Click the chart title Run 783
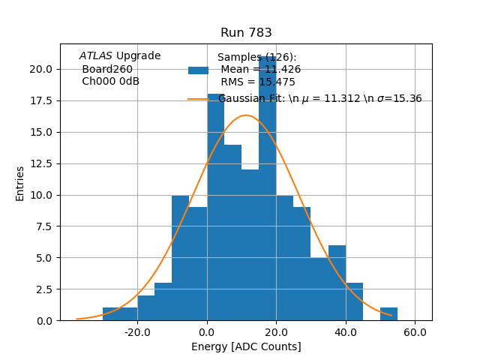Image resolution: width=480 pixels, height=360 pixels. tap(246, 33)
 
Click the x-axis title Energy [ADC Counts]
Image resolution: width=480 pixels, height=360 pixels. tap(246, 346)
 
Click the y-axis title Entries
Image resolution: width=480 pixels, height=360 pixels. tap(20, 183)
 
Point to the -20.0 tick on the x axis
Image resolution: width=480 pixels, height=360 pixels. tap(137, 331)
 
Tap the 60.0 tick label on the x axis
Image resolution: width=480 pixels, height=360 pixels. tap(415, 331)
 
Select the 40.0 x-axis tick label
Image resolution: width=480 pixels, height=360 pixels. tap(345, 331)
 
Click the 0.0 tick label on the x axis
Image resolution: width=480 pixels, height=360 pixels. tap(207, 331)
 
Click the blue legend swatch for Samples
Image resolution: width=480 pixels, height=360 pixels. tap(198, 70)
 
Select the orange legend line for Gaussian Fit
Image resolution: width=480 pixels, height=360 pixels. tap(198, 98)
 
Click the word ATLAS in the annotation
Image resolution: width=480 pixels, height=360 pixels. tap(95, 56)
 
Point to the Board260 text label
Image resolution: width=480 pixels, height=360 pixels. tap(107, 69)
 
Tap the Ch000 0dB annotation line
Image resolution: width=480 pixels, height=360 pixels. tap(110, 82)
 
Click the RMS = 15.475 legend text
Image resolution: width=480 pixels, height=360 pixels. tap(258, 82)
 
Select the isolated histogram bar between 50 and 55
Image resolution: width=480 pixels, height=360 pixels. tap(388, 314)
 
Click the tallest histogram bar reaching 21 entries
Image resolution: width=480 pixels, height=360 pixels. tap(267, 187)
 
